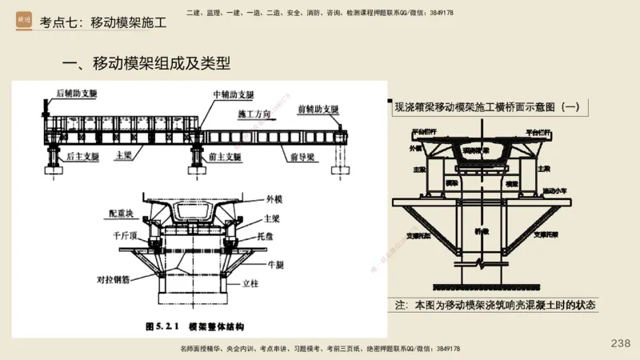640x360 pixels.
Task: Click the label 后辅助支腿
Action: click(x=77, y=94)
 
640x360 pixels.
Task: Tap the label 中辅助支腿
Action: click(x=233, y=94)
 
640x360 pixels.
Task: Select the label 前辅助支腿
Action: click(x=318, y=109)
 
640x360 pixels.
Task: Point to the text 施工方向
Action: click(x=254, y=115)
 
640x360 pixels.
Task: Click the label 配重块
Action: click(x=124, y=214)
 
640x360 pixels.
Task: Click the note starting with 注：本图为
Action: click(x=495, y=306)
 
